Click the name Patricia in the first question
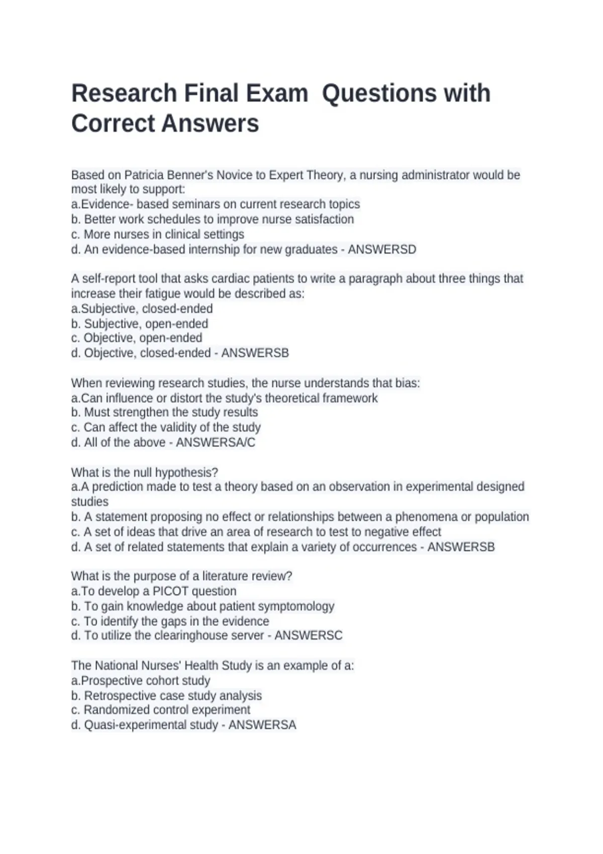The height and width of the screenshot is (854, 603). (x=144, y=175)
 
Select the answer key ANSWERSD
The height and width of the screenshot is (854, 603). (x=382, y=250)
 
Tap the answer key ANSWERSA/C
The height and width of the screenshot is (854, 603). (x=216, y=443)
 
